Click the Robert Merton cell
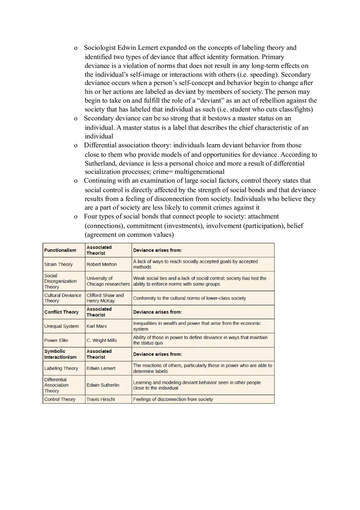click(101, 264)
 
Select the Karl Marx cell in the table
click(97, 326)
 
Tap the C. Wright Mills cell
click(101, 340)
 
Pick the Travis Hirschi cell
click(101, 399)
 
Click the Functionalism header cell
click(60, 250)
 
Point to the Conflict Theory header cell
click(61, 312)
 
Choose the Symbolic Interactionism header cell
click(60, 354)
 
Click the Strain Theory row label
click(59, 264)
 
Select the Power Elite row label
click(56, 340)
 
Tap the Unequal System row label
click(61, 326)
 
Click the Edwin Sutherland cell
click(103, 385)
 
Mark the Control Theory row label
click(60, 399)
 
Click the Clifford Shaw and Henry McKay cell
click(105, 298)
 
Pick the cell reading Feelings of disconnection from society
click(173, 399)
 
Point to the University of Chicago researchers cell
click(108, 281)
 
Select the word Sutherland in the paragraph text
click(101, 163)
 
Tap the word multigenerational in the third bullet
click(196, 172)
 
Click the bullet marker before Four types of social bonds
click(76, 217)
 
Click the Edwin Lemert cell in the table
click(101, 368)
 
